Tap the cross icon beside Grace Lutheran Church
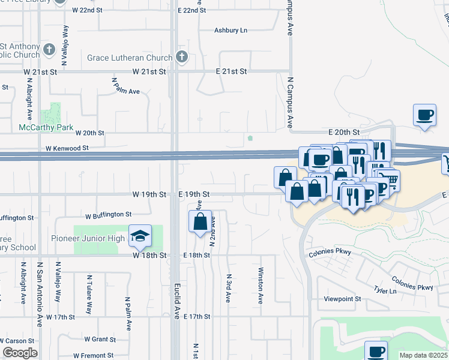(x=182, y=58)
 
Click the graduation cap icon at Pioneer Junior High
(x=139, y=236)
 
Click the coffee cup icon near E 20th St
(x=424, y=115)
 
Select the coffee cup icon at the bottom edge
(x=376, y=352)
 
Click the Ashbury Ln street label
(x=231, y=31)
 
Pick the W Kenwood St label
(x=67, y=148)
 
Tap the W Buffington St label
(x=108, y=214)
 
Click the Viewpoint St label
(x=342, y=298)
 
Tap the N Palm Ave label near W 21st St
(x=125, y=87)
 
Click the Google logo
(x=20, y=353)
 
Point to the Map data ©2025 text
(x=423, y=355)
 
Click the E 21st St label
(x=231, y=71)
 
